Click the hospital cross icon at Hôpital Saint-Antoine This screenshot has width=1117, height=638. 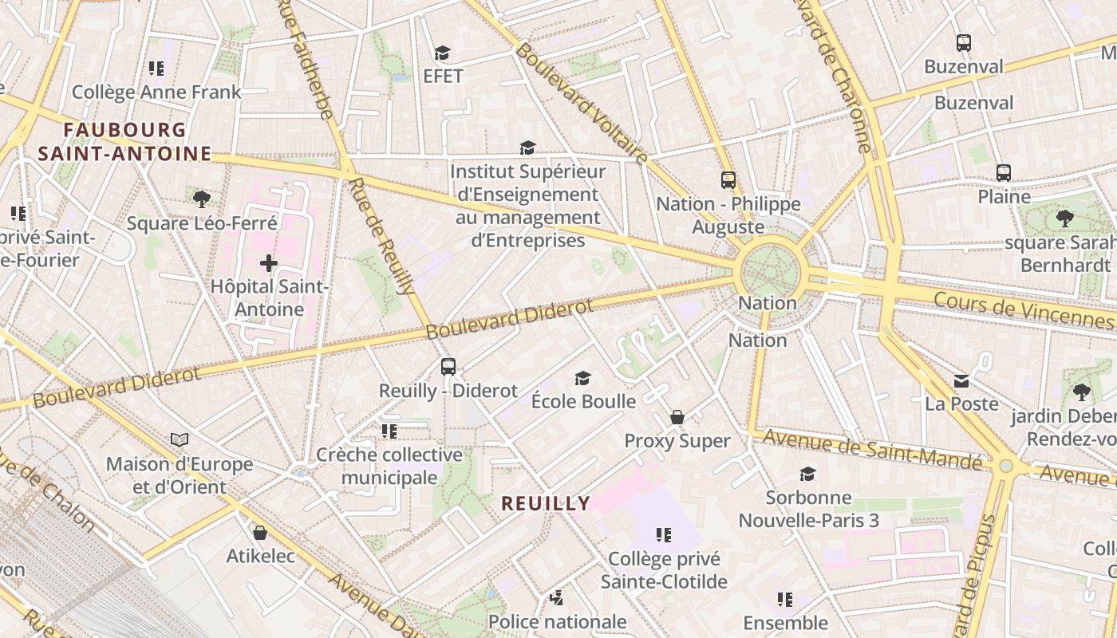click(x=269, y=262)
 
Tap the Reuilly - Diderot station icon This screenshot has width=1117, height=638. click(x=448, y=367)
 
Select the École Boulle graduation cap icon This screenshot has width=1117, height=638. click(x=583, y=378)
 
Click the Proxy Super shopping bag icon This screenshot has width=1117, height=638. click(x=677, y=417)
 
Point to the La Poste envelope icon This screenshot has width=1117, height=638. click(x=961, y=381)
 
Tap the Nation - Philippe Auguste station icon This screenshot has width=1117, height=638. click(x=728, y=180)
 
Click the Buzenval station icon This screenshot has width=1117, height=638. click(x=963, y=43)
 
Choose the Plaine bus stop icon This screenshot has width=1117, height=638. click(x=1004, y=172)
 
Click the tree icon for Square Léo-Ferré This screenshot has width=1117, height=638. click(x=201, y=199)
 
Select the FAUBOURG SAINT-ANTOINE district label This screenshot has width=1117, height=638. click(x=124, y=142)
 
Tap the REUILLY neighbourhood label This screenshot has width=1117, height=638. click(x=546, y=503)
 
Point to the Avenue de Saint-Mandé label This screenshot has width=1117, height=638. click(x=872, y=451)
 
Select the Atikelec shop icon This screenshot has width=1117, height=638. click(x=259, y=533)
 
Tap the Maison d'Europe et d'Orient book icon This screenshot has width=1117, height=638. click(x=180, y=439)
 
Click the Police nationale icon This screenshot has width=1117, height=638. click(x=557, y=597)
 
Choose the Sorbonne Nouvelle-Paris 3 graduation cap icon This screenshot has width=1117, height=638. click(x=807, y=474)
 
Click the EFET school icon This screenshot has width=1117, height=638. click(x=442, y=53)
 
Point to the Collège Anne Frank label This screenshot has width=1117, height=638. click(x=156, y=93)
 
